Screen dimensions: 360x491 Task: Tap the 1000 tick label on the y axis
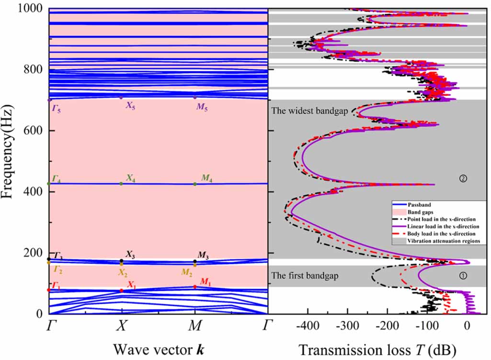click(x=29, y=9)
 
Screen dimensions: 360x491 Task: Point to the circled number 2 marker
click(x=462, y=179)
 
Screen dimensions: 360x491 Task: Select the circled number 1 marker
click(x=462, y=276)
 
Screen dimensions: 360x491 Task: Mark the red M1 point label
click(x=205, y=281)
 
